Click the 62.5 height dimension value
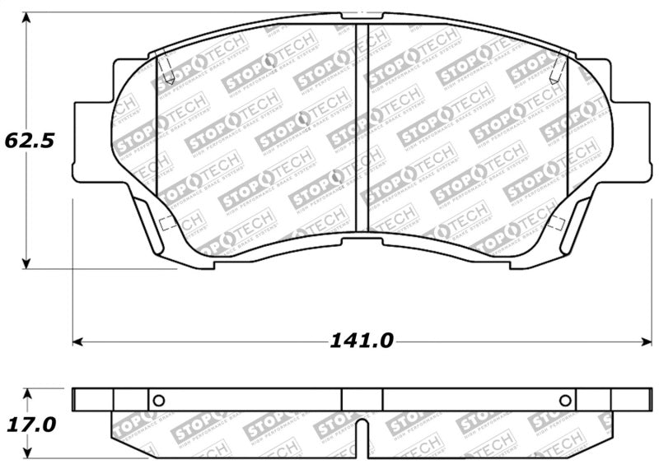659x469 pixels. point(30,140)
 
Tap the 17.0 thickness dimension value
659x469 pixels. point(30,425)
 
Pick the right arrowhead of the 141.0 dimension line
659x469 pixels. point(644,341)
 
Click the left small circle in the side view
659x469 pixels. point(159,400)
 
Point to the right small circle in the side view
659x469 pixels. point(565,400)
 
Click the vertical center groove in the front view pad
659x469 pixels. point(362,128)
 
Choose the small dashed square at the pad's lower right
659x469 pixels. point(556,222)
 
